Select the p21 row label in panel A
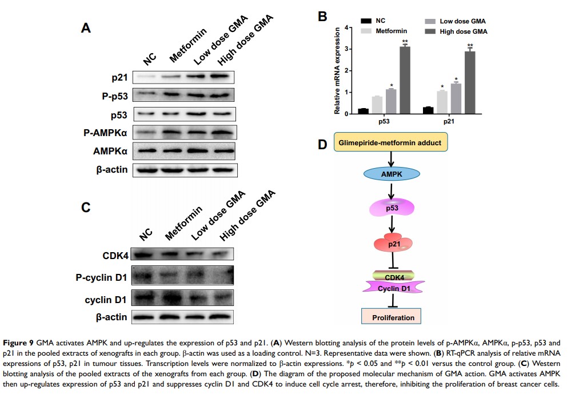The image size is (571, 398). pos(119,77)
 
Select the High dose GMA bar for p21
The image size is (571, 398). pos(470,82)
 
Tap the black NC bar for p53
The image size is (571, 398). pos(362,110)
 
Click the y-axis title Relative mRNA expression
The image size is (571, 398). pos(338,70)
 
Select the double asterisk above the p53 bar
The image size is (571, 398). pos(405,41)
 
